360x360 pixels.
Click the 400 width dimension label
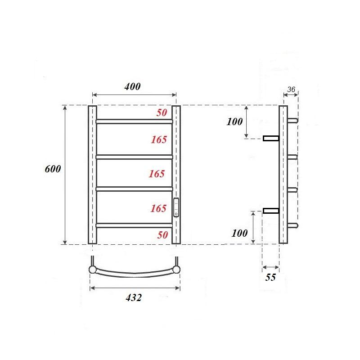point(133,87)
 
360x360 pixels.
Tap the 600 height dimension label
point(53,169)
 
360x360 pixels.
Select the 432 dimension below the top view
point(133,297)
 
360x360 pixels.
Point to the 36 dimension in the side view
point(290,90)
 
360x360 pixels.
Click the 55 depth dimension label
point(270,277)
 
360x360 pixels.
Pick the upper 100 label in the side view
point(234,121)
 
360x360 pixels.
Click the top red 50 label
point(162,113)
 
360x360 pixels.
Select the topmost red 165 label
point(159,139)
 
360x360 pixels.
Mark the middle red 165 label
point(157,173)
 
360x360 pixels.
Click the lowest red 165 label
point(159,208)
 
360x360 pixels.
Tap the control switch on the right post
point(176,207)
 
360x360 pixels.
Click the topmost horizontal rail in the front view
point(134,121)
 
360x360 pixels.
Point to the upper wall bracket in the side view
point(271,138)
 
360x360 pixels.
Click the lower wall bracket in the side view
point(271,211)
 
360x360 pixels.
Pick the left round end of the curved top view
point(92,270)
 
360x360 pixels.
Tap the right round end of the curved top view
point(177,270)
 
